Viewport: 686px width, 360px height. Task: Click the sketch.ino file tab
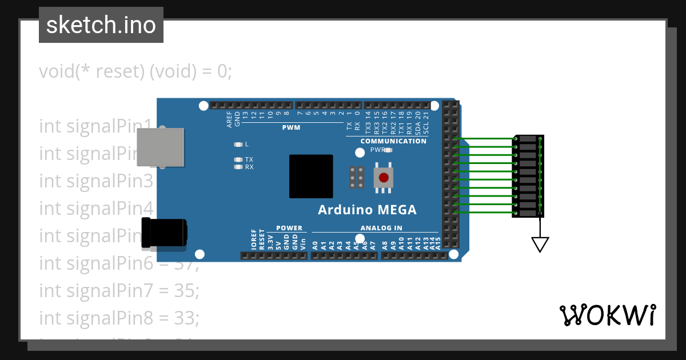click(x=101, y=25)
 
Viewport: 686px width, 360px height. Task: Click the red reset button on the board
click(x=384, y=178)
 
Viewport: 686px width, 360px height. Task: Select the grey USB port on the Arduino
click(x=161, y=147)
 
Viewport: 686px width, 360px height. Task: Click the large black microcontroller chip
click(x=310, y=176)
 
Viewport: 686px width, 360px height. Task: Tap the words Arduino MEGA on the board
click(x=367, y=210)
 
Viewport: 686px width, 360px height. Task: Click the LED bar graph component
click(x=528, y=176)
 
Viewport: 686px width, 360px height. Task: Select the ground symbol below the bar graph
click(x=540, y=244)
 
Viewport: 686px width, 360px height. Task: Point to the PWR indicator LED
click(x=388, y=150)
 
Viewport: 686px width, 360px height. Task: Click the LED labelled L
click(x=238, y=144)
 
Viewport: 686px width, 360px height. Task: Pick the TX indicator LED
click(x=238, y=159)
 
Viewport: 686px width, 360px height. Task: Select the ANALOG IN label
click(x=381, y=228)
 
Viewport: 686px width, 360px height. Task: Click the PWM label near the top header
click(x=291, y=127)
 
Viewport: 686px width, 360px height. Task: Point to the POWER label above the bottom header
click(x=289, y=228)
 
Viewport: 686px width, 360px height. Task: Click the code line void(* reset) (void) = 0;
click(x=135, y=71)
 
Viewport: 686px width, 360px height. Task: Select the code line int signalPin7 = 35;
click(x=119, y=290)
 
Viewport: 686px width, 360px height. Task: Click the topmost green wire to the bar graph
click(x=486, y=138)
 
